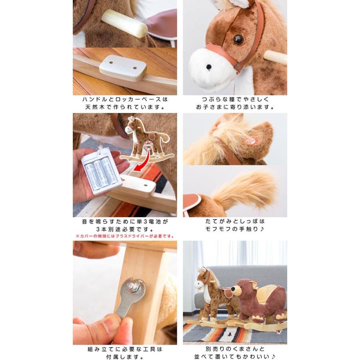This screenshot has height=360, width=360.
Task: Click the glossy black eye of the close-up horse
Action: pyautogui.click(x=238, y=39)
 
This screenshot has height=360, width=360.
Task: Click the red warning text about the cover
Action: pyautogui.click(x=125, y=236)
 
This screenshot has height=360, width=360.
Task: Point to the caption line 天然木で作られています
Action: pyautogui.click(x=125, y=107)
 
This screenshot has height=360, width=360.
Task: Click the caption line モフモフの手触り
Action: pyautogui.click(x=235, y=229)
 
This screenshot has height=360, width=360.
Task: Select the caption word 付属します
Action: pyautogui.click(x=125, y=356)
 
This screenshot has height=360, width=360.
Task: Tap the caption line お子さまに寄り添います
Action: pyautogui.click(x=235, y=107)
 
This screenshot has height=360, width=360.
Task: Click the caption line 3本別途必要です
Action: pyautogui.click(x=125, y=229)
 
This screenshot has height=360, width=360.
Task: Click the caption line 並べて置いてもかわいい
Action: pyautogui.click(x=235, y=356)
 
